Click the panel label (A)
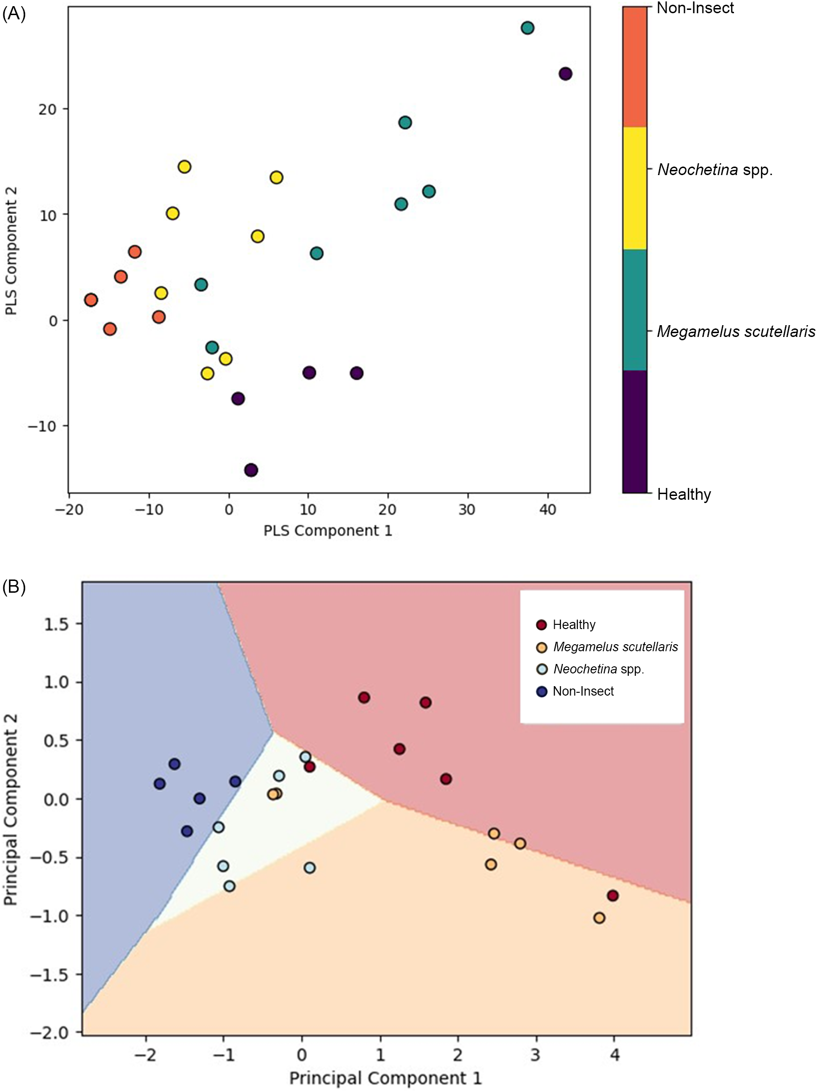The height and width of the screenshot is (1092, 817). click(x=13, y=14)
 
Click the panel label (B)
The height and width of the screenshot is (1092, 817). click(x=13, y=587)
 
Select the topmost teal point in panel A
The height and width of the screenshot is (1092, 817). click(x=527, y=28)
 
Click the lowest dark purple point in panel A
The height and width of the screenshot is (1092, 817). click(x=251, y=470)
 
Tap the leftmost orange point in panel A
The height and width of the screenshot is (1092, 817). click(x=91, y=300)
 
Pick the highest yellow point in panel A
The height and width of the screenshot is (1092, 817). click(x=184, y=167)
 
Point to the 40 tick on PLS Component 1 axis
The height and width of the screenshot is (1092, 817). click(x=548, y=509)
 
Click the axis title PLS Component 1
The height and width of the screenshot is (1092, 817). click(x=327, y=531)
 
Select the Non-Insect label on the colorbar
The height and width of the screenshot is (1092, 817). click(x=695, y=8)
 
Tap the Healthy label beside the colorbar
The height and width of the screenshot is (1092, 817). click(x=684, y=494)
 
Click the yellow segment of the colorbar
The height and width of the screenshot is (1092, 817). click(x=634, y=188)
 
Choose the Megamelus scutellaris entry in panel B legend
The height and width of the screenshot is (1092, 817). click(x=615, y=647)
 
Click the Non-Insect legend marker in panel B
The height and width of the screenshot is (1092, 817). click(x=542, y=691)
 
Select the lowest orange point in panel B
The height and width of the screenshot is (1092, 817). click(x=600, y=918)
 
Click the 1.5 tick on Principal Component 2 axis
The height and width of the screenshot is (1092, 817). click(x=57, y=624)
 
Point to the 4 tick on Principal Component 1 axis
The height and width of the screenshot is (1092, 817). click(x=614, y=1055)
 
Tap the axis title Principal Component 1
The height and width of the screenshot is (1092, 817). click(x=385, y=1078)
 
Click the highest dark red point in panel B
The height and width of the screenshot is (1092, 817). click(x=364, y=697)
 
